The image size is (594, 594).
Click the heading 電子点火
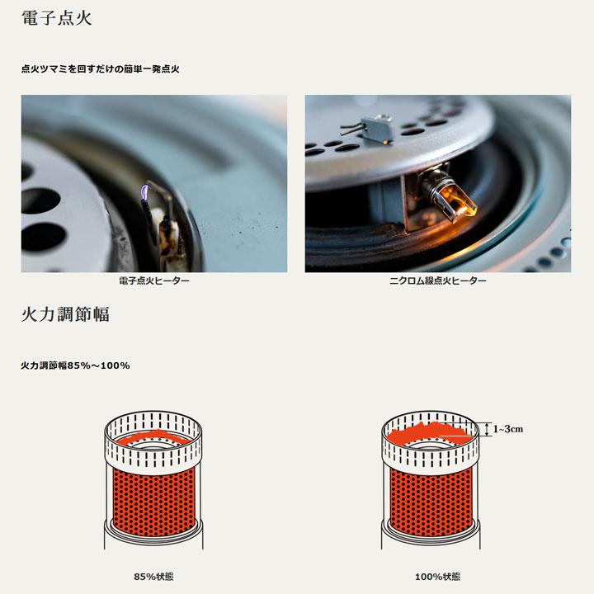(57, 18)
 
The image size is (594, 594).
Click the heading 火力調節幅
(65, 314)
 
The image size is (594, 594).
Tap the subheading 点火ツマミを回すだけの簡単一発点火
(101, 69)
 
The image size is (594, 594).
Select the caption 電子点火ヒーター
(154, 280)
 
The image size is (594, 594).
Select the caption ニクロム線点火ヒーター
(437, 280)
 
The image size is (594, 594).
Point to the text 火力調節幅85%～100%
(75, 365)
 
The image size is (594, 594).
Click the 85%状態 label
(153, 577)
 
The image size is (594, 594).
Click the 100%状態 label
(437, 577)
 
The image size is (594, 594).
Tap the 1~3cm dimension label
(508, 429)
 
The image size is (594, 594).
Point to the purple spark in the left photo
(144, 192)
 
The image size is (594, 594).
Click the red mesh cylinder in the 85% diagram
(153, 499)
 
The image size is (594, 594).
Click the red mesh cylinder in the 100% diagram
(430, 500)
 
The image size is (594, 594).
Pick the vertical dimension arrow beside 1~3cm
(487, 429)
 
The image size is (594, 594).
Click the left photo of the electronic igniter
(154, 183)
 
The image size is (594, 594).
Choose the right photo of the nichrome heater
(438, 183)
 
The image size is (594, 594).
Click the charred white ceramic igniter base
(166, 233)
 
